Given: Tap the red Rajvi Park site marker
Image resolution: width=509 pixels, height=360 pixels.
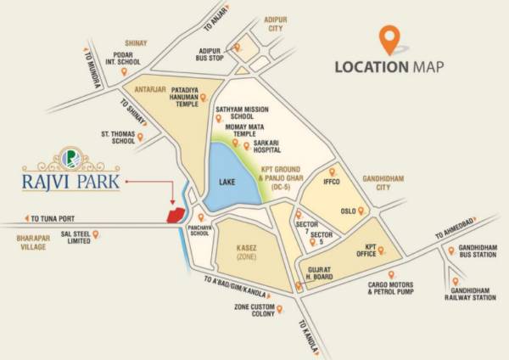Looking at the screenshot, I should [176, 211].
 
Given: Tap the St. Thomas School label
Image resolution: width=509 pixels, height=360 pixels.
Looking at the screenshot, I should [118, 138].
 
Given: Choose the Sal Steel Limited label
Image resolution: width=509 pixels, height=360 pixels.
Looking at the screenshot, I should [67, 237].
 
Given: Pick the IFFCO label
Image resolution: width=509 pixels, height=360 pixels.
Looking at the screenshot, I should [332, 181].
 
